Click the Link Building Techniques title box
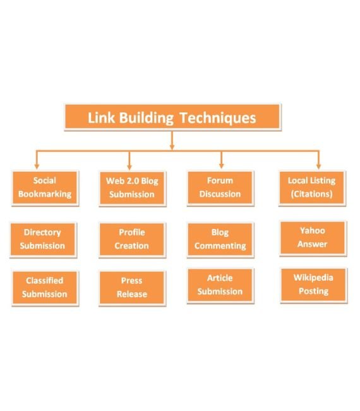point(172,117)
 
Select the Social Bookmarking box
point(45,188)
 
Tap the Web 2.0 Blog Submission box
point(132,188)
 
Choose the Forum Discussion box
point(220,188)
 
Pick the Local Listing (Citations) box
point(312,188)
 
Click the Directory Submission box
point(43,240)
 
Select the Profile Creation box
point(132,240)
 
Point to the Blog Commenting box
point(220,240)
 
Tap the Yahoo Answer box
point(313,238)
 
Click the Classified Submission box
point(45,288)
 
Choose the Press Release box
point(132,288)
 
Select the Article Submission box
point(220,285)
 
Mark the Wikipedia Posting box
point(314,285)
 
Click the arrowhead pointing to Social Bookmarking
point(37,166)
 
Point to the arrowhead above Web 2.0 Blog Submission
point(129,167)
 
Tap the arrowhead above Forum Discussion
point(221,166)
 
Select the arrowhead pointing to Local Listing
point(319,166)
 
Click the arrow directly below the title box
point(172,140)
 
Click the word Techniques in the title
point(217,118)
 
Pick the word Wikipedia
point(313,278)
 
